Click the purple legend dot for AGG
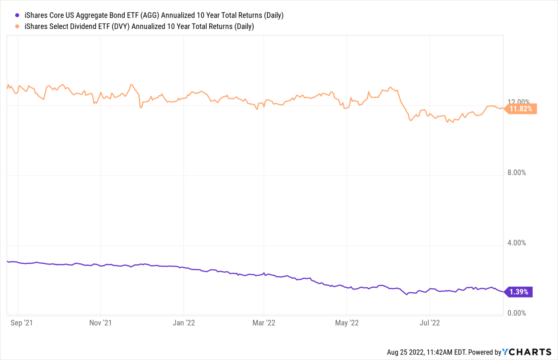coord(17,15)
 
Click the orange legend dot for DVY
coord(17,27)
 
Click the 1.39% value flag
coord(518,292)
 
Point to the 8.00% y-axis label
coord(517,173)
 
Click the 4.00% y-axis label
coord(517,243)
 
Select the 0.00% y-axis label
coord(517,313)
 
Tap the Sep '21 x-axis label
coord(21,323)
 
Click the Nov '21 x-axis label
coord(100,323)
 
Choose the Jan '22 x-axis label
coord(183,323)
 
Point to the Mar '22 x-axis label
coord(264,323)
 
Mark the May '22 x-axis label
coord(347,323)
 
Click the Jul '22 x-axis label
coord(429,323)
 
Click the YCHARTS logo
coord(527,352)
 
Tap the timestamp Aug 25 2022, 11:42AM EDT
coord(426,352)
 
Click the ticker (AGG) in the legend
coord(150,15)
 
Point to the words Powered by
coord(485,352)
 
